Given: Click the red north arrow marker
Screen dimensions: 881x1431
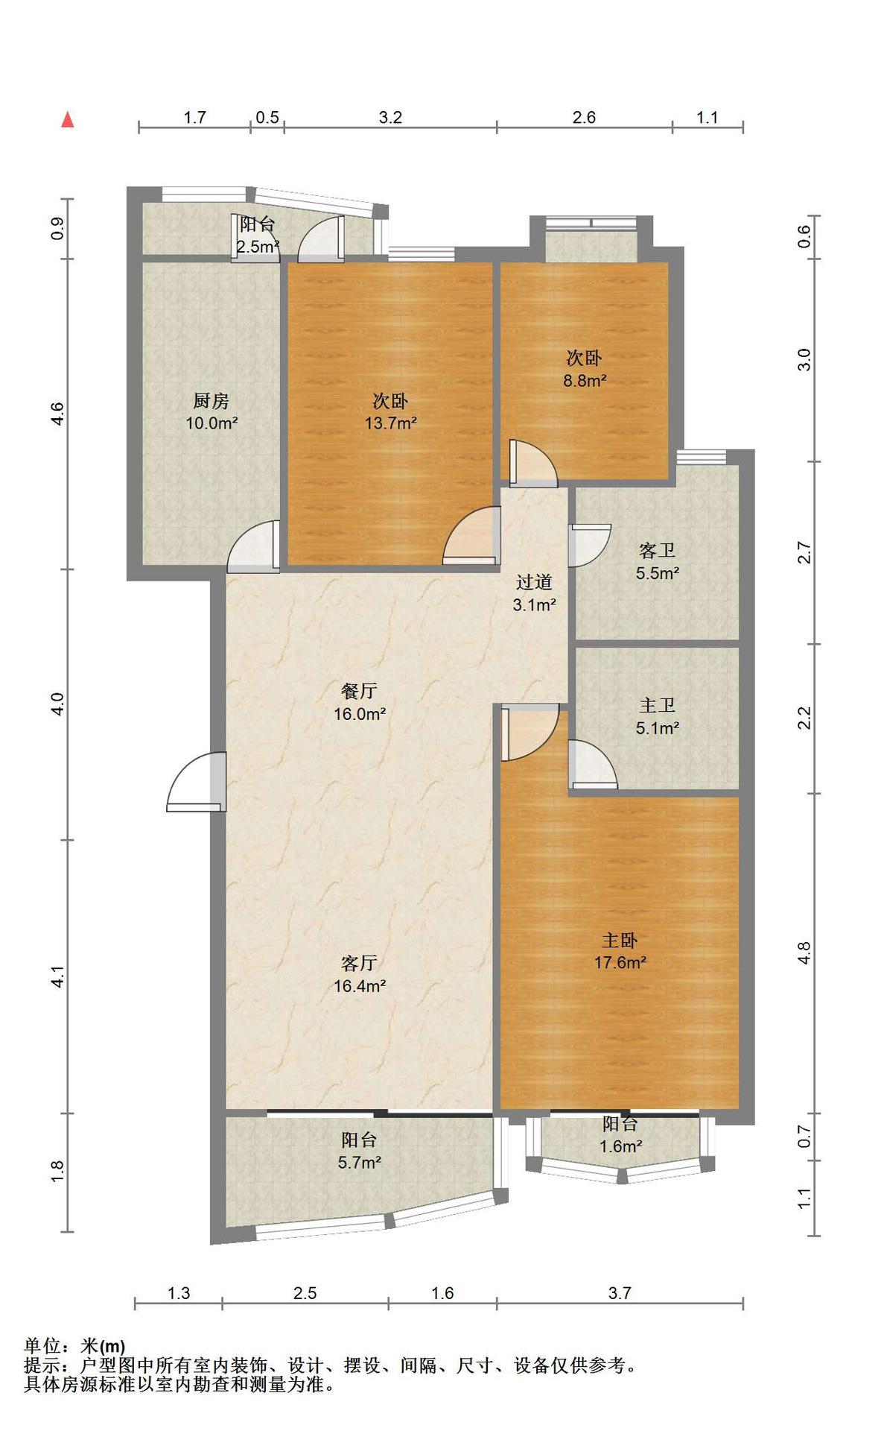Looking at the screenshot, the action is [x=68, y=119].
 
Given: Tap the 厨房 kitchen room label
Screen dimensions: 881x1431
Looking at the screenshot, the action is [x=211, y=401].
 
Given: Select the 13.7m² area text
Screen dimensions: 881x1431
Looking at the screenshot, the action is [x=390, y=423].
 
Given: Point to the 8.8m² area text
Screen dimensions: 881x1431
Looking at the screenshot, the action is [x=584, y=380].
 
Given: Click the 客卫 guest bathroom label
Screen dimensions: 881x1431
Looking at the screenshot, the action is [x=657, y=551].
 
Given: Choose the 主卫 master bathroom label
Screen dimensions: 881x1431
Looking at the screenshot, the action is [x=657, y=705].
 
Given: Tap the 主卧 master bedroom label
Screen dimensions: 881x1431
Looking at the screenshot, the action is [x=620, y=940].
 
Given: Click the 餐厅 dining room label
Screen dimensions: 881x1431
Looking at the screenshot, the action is [x=359, y=691].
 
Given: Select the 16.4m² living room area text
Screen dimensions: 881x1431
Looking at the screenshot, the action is [x=360, y=986].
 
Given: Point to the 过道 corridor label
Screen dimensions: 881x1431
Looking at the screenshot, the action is [x=534, y=582].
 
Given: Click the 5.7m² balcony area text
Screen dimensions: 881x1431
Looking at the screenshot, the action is [x=360, y=1162].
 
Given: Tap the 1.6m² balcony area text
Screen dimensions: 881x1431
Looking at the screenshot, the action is [x=621, y=1146].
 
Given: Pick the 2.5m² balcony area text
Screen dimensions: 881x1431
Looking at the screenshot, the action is [x=258, y=247].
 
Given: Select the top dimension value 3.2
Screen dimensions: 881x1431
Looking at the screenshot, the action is [x=390, y=117].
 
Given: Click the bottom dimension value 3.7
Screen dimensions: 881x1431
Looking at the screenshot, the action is [x=620, y=1293].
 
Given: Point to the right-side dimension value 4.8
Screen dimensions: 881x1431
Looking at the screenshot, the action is [x=804, y=953].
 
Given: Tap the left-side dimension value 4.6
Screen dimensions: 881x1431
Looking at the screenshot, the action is [x=57, y=414].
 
